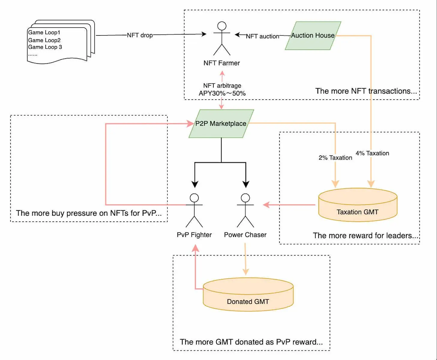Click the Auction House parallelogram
click(313, 36)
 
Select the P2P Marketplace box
click(221, 124)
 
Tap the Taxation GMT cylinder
click(357, 205)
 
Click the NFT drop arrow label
click(140, 35)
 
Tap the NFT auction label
click(263, 36)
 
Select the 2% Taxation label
click(335, 158)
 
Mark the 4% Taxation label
click(372, 153)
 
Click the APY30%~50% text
click(222, 93)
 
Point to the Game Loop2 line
click(44, 40)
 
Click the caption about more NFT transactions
click(366, 91)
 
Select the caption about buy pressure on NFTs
click(89, 213)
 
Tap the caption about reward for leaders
click(365, 235)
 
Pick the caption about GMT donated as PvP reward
click(251, 342)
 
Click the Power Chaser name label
click(245, 235)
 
